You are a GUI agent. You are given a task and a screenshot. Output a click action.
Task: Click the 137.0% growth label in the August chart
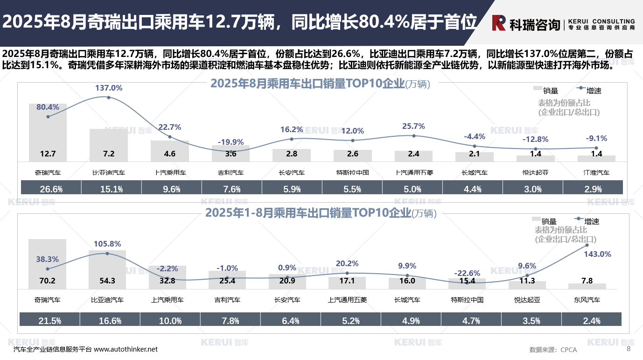tap(109, 88)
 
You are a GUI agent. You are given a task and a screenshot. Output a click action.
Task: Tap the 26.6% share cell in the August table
tap(51, 189)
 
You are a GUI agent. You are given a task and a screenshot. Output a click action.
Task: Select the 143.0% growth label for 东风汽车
tap(598, 254)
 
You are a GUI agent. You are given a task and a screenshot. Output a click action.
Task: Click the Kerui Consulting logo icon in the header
tap(498, 22)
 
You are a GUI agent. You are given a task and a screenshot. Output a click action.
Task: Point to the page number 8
tap(628, 349)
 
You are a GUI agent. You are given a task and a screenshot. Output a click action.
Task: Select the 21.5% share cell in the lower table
tap(49, 321)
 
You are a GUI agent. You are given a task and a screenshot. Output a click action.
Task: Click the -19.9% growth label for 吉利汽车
tap(231, 142)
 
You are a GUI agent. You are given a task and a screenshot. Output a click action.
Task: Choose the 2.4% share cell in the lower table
tap(592, 321)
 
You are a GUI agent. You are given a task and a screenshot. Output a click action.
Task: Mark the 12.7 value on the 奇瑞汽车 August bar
tap(48, 154)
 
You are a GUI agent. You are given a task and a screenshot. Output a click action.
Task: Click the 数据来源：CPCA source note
tap(553, 350)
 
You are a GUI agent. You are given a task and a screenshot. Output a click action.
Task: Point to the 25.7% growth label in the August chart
tap(413, 126)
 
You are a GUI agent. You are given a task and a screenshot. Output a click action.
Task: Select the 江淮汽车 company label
tap(596, 172)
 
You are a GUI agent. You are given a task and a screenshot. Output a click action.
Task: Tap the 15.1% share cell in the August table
tap(111, 189)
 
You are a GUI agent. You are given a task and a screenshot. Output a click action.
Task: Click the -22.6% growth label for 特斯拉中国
tap(467, 273)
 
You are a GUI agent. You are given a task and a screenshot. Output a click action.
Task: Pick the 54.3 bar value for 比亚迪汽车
tap(107, 281)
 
